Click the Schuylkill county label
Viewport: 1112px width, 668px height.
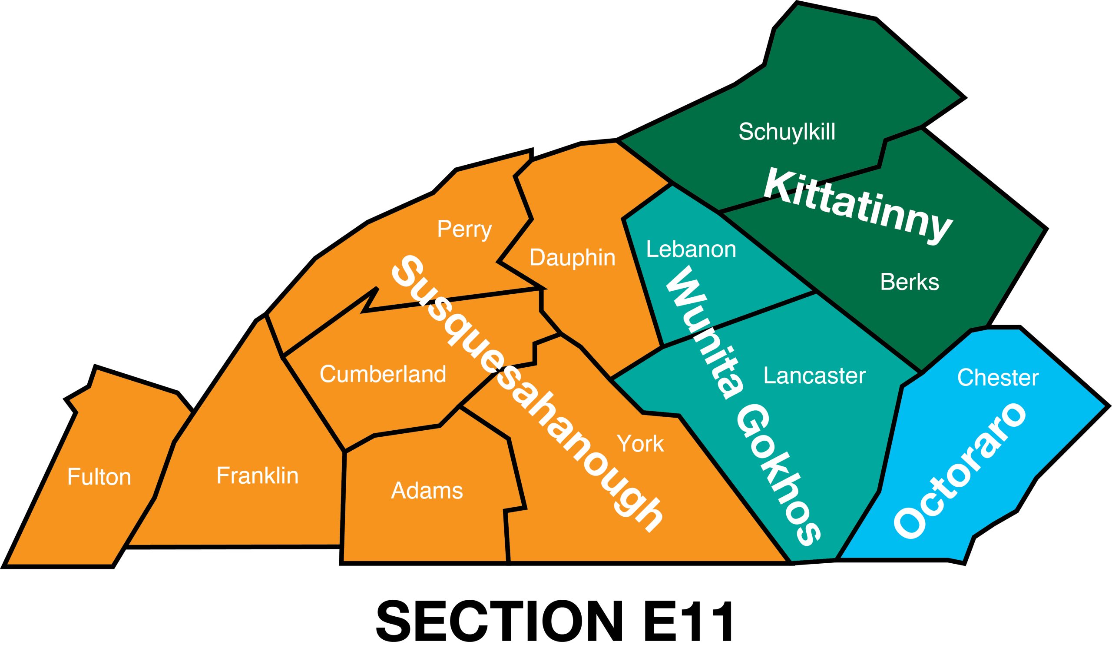pyautogui.click(x=787, y=132)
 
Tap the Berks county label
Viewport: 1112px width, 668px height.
pyautogui.click(x=909, y=282)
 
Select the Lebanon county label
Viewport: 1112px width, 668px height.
pyautogui.click(x=691, y=249)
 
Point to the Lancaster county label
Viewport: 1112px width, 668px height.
pyautogui.click(x=814, y=376)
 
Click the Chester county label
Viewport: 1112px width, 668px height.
pyautogui.click(x=998, y=378)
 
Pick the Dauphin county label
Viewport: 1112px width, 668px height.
pyautogui.click(x=572, y=258)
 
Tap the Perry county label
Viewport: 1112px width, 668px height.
pyautogui.click(x=464, y=229)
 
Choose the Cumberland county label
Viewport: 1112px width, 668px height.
pyautogui.click(x=383, y=374)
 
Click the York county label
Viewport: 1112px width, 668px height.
pyautogui.click(x=640, y=444)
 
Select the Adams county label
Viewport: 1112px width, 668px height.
pyautogui.click(x=427, y=491)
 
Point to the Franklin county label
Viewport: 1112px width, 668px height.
pyautogui.click(x=257, y=476)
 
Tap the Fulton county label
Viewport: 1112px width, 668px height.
pyautogui.click(x=99, y=477)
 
